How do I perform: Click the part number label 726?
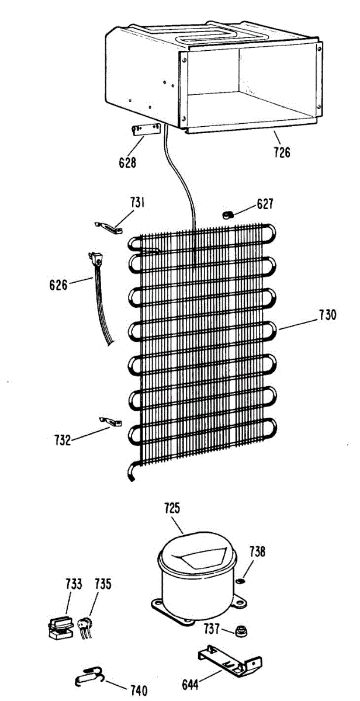pyautogui.click(x=282, y=152)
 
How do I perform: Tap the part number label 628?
pyautogui.click(x=127, y=162)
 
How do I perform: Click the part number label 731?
pyautogui.click(x=137, y=203)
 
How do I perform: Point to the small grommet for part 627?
pyautogui.click(x=228, y=215)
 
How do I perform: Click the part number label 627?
pyautogui.click(x=265, y=204)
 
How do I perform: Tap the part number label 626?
pyautogui.click(x=58, y=285)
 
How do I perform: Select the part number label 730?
pyautogui.click(x=327, y=315)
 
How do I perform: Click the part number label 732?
pyautogui.click(x=63, y=440)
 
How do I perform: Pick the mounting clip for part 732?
pyautogui.click(x=110, y=421)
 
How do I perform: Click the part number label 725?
pyautogui.click(x=172, y=508)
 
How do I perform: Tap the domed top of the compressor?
pyautogui.click(x=197, y=549)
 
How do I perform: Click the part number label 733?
pyautogui.click(x=74, y=584)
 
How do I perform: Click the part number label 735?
pyautogui.click(x=103, y=584)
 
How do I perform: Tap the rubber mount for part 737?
pyautogui.click(x=240, y=630)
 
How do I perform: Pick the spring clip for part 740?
pyautogui.click(x=89, y=675)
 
